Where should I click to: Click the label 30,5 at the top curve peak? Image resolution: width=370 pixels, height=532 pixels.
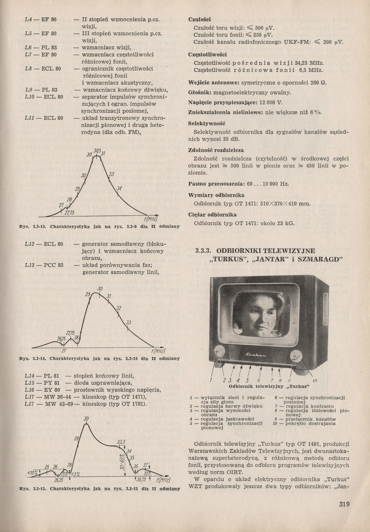[97, 151]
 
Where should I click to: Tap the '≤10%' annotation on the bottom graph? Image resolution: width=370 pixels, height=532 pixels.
[33, 473]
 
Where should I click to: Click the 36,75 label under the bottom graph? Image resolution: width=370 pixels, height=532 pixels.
[141, 479]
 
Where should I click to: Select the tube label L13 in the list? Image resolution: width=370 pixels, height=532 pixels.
[29, 265]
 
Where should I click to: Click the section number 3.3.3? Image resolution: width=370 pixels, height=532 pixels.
[203, 251]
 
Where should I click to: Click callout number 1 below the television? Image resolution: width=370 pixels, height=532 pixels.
[211, 380]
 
